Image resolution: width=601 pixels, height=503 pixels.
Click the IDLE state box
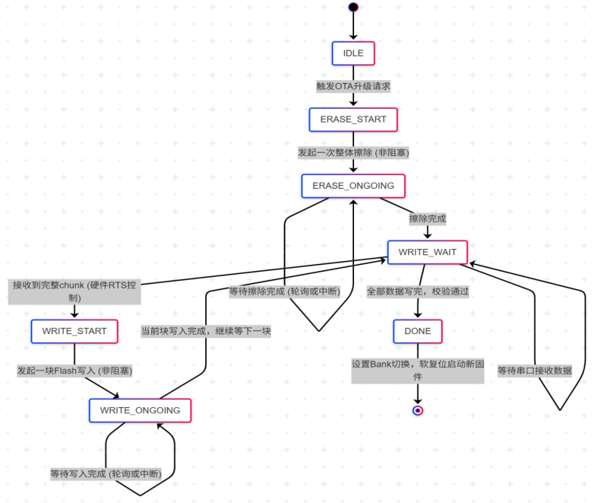[x=353, y=53]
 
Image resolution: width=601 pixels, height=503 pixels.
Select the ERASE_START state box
[x=353, y=119]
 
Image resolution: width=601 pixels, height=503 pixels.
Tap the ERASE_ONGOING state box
[x=353, y=186]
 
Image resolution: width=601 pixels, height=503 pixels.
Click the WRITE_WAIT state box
[x=427, y=252]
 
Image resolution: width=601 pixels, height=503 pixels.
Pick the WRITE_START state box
[x=74, y=331]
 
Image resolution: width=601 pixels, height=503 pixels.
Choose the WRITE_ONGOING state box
[x=140, y=410]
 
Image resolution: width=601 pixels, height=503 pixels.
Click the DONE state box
[x=417, y=331]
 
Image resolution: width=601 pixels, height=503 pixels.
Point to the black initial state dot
[x=353, y=8]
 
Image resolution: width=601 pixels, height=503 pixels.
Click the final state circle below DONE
[x=417, y=410]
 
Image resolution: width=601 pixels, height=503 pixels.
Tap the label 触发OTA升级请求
[x=353, y=86]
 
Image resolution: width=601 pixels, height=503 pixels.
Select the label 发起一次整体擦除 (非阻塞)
[x=353, y=152]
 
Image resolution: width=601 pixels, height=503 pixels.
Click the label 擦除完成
[x=427, y=218]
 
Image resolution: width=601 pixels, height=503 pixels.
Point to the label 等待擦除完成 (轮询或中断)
[x=284, y=291]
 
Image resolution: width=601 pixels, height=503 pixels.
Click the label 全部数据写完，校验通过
[x=417, y=291]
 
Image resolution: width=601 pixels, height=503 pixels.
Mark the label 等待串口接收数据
[x=534, y=371]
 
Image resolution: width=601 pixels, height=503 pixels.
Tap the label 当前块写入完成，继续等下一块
[x=206, y=331]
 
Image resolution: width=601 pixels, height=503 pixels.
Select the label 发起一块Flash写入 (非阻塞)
[x=74, y=371]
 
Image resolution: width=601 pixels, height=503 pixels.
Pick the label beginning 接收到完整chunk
[x=74, y=291]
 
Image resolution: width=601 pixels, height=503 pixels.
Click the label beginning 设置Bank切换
[x=417, y=370]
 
